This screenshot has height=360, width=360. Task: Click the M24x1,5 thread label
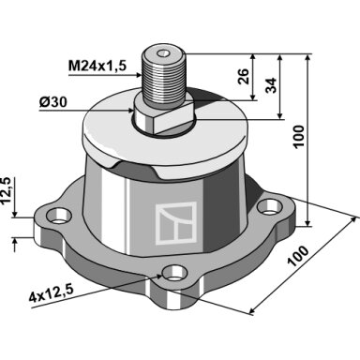pos(97,67)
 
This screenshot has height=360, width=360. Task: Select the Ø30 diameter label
pos(53,102)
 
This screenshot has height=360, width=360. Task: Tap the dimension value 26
pos(244,76)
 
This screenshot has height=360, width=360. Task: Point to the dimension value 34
pos(272,85)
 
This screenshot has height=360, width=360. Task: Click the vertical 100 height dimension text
pos(299,136)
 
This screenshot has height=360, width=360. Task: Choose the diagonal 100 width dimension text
pos(298,256)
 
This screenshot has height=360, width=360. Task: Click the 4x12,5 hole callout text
pos(51,294)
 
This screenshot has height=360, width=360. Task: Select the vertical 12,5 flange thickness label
pos(6,190)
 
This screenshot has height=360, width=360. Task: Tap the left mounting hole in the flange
pos(58,217)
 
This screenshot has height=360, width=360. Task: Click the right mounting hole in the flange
pos(269,207)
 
